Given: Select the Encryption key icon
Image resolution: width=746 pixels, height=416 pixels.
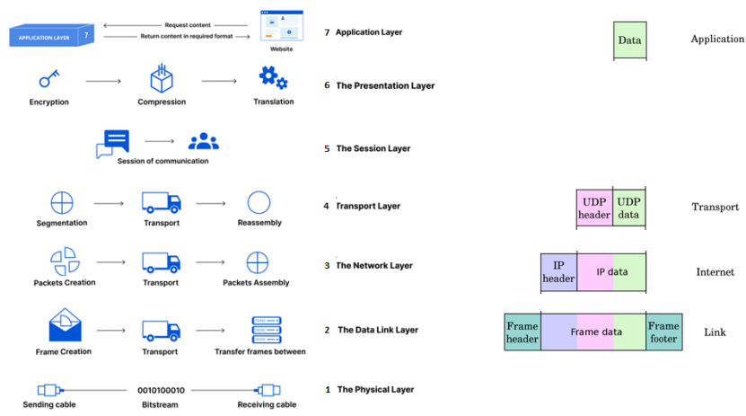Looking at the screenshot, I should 48,79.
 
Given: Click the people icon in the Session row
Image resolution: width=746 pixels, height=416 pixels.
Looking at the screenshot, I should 204,141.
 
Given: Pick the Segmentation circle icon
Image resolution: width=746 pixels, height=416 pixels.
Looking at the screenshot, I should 62,202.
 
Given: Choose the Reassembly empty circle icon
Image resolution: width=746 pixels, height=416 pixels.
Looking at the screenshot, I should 259,202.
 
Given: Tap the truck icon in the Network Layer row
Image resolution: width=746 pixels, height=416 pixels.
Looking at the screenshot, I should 162,262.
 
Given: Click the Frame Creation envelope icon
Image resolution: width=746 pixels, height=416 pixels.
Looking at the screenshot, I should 65,325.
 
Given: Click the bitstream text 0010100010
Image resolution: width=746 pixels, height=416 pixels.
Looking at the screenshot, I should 161,391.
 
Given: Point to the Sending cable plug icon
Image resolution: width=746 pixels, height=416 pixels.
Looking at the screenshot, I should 48,390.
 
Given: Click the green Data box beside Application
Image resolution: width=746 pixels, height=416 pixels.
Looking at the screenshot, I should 629,40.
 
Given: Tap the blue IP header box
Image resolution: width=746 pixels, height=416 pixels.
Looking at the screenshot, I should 558,271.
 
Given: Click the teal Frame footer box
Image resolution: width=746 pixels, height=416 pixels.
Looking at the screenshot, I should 663,332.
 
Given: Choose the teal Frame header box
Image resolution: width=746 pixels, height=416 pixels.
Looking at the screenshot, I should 522,332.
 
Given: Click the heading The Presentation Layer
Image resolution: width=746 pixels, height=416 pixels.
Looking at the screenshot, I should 385,86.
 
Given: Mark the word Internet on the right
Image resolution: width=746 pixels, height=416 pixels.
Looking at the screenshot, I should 715,272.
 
